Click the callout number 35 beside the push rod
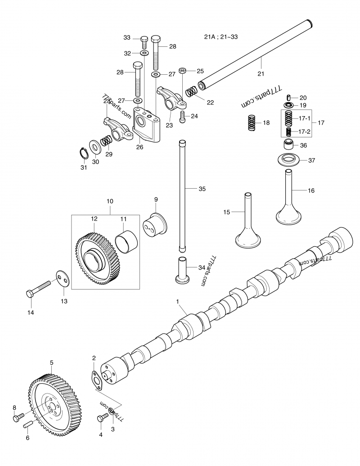[x=202, y=189]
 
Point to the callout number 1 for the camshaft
[x=178, y=301]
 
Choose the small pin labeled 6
[x=28, y=424]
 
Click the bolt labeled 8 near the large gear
[x=17, y=418]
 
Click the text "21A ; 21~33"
[x=221, y=37]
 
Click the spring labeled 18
[x=252, y=123]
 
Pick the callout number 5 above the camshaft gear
[x=52, y=362]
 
